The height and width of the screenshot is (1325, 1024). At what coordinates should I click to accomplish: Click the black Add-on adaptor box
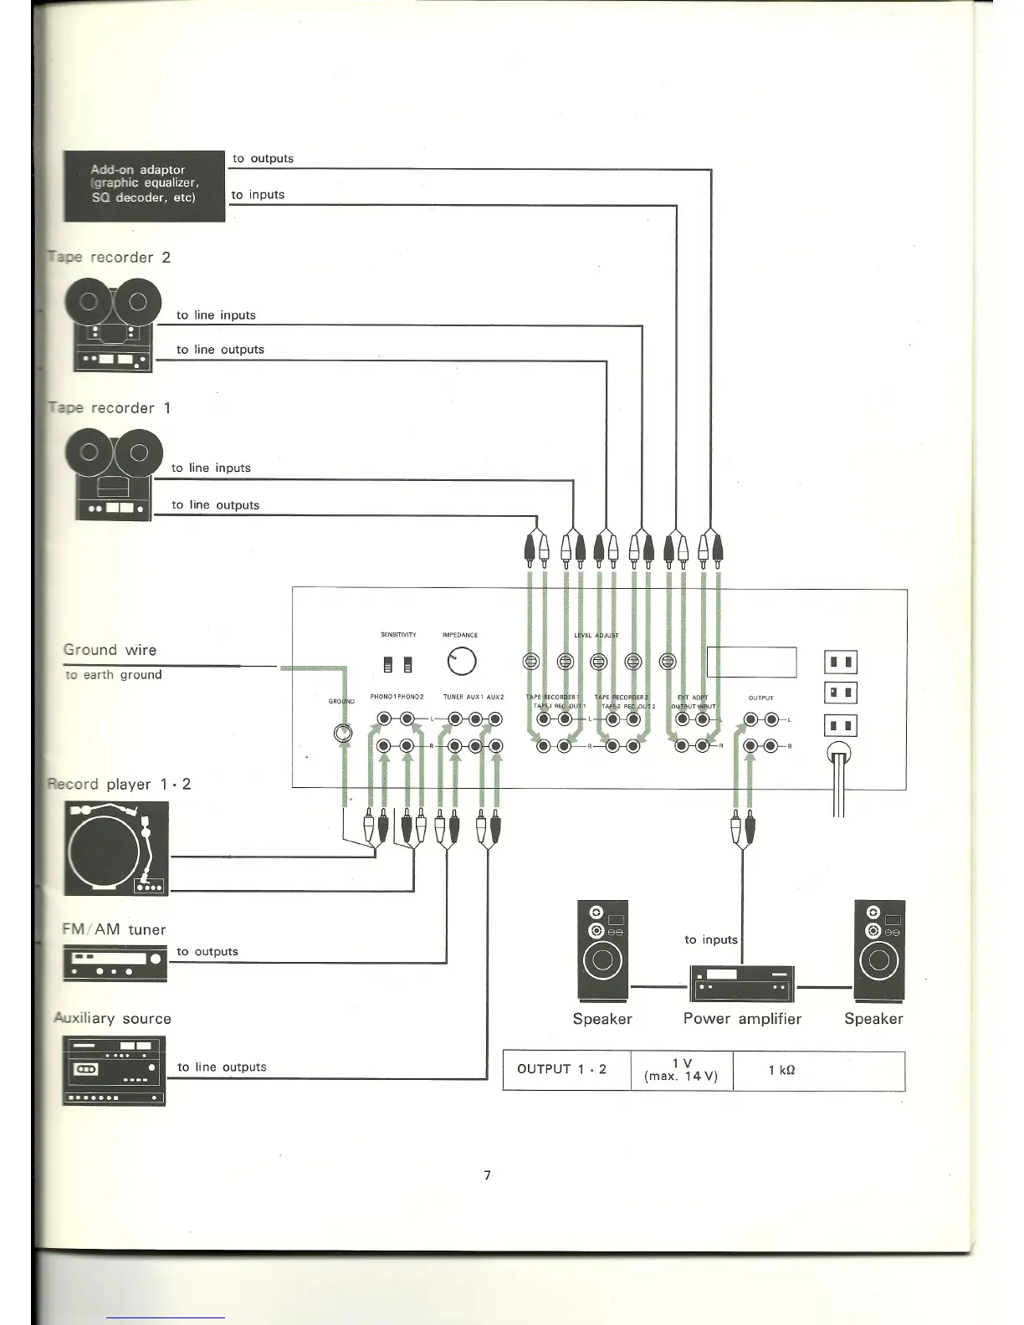[144, 186]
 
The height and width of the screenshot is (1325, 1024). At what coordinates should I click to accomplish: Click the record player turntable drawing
[116, 848]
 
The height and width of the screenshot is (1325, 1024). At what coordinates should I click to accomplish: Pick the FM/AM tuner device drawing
[115, 963]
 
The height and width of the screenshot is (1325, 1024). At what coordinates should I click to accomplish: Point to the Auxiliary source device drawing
[114, 1071]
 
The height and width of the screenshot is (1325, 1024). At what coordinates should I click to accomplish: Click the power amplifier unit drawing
[741, 982]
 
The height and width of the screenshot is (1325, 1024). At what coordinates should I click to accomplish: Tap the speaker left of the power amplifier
[602, 950]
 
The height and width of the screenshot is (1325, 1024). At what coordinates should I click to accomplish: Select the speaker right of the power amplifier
[879, 950]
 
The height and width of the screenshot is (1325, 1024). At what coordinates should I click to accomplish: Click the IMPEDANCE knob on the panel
[462, 661]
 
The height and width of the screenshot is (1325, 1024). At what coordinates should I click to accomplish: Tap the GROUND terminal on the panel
[343, 733]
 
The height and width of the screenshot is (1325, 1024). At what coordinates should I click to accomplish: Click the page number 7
[488, 1175]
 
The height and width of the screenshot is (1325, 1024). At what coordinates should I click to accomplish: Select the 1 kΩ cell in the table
[781, 1071]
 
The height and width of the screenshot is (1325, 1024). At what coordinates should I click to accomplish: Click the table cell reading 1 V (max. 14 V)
[681, 1070]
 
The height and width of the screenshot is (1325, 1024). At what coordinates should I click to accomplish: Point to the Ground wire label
[110, 650]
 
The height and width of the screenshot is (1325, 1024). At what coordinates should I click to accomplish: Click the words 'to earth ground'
[114, 675]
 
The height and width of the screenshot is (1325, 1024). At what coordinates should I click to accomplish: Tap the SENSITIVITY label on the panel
[398, 635]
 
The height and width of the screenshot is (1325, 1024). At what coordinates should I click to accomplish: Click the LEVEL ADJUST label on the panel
[596, 636]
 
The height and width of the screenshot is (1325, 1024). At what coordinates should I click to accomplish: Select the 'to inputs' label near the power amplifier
[710, 939]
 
